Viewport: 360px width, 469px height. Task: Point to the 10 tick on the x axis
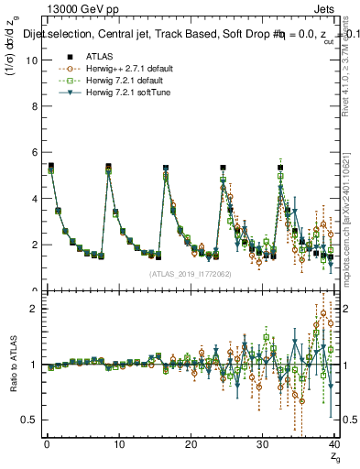118,444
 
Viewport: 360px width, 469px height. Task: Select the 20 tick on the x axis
191,444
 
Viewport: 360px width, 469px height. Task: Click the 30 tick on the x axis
263,444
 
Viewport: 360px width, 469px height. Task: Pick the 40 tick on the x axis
334,444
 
